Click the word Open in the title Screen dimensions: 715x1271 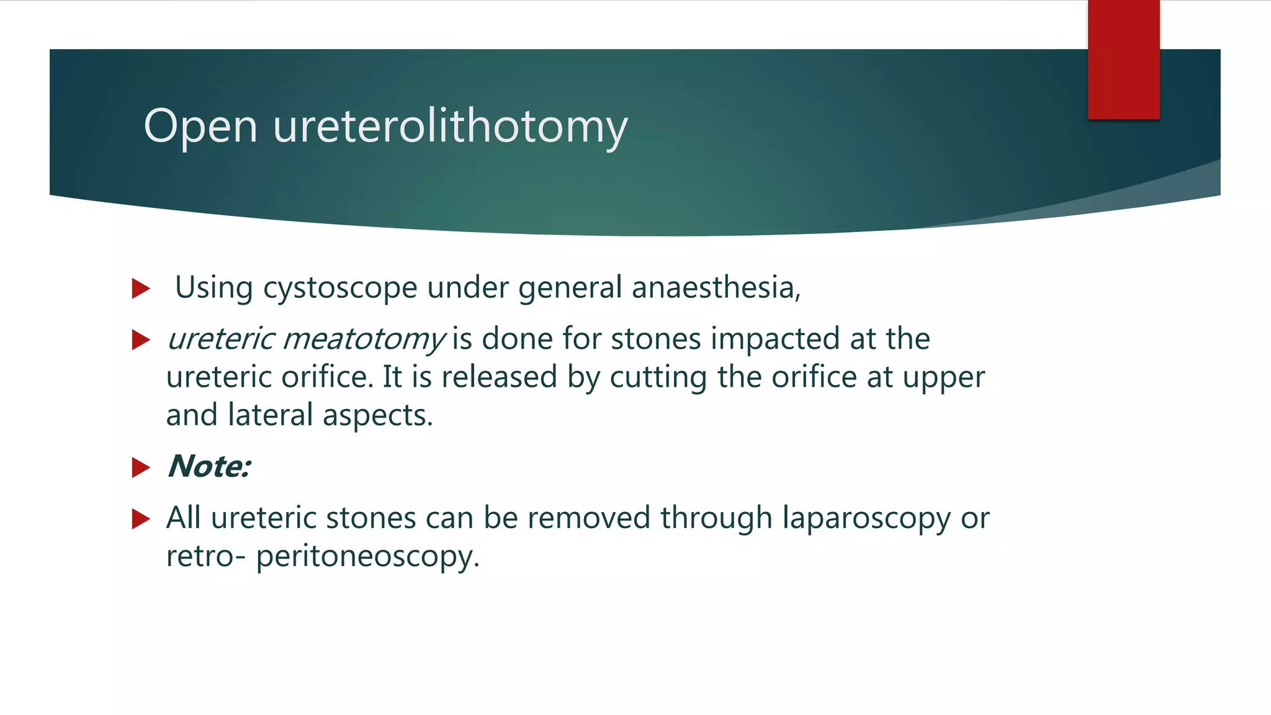(200, 127)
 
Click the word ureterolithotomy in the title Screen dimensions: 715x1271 (450, 127)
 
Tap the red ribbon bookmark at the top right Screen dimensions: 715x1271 (1123, 59)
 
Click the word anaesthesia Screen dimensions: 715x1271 (715, 288)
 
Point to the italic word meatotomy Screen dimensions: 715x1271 (364, 340)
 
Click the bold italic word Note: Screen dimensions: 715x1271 (209, 467)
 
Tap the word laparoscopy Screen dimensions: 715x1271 (866, 518)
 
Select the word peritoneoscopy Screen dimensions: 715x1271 (367, 556)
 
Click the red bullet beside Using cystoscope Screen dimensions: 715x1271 (141, 289)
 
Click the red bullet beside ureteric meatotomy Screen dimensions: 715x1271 (141, 340)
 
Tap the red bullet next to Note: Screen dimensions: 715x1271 (141, 467)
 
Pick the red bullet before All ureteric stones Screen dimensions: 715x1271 (141, 519)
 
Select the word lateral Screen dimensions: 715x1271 (270, 415)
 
